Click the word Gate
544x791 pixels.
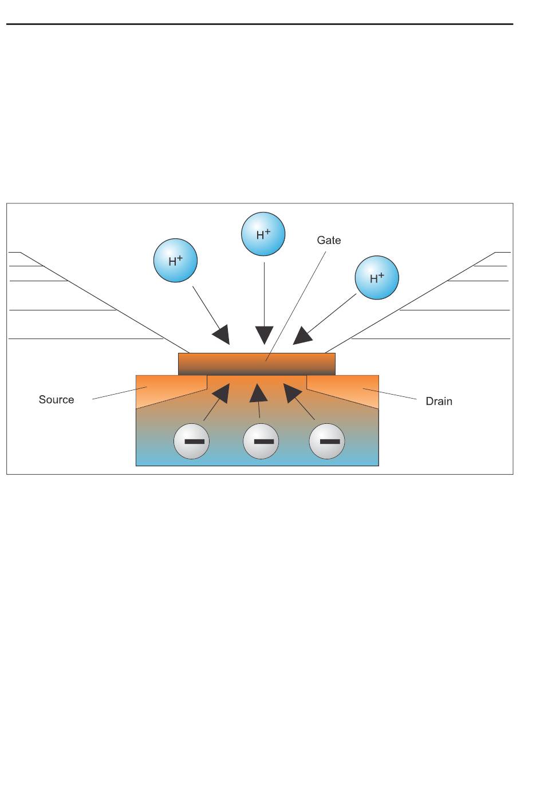coord(329,241)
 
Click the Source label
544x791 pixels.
coord(56,400)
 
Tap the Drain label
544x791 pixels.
coord(439,402)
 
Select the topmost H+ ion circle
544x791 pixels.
coord(263,234)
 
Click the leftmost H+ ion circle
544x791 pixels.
coord(176,261)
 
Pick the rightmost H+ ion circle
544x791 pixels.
coord(377,278)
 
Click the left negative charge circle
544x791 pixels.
coord(191,442)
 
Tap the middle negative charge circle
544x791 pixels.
coord(261,442)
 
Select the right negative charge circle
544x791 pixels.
coord(327,442)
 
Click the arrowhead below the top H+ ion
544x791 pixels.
coord(265,335)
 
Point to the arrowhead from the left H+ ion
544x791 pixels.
coord(222,335)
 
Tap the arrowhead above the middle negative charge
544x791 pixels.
coord(258,392)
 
